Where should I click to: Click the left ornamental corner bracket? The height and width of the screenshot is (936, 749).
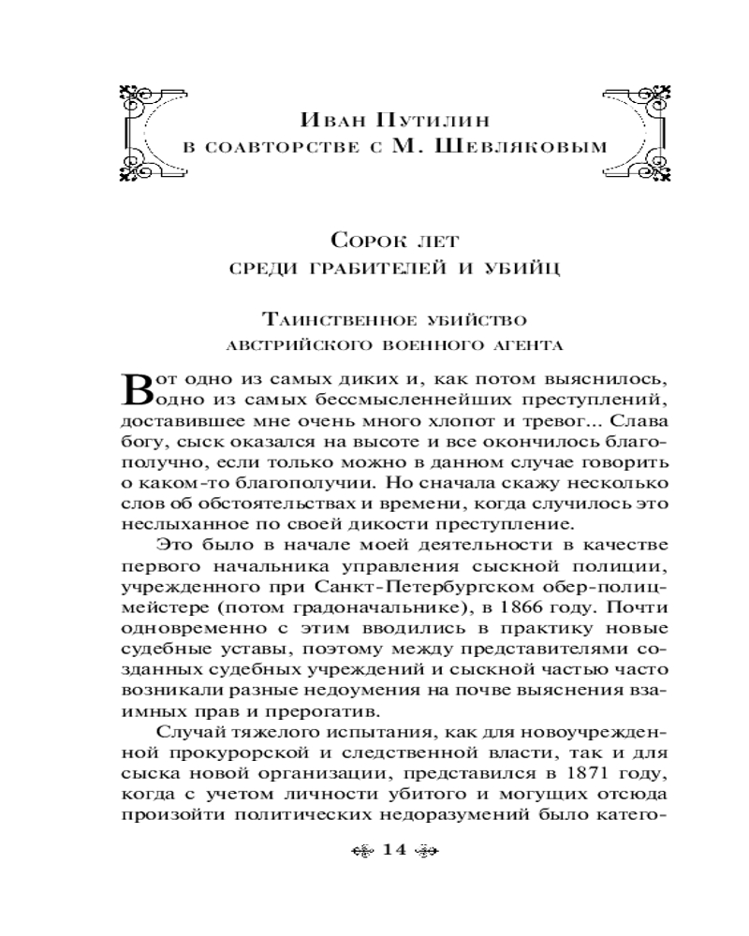pos(143,132)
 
